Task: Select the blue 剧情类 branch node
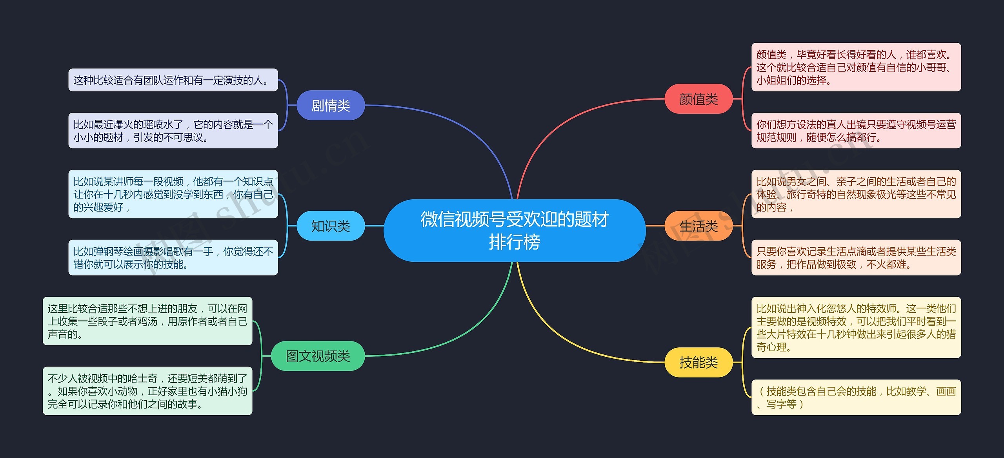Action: tap(331, 105)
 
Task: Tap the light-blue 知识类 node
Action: tap(331, 226)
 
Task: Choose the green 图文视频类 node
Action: tap(318, 356)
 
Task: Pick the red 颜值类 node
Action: tap(698, 99)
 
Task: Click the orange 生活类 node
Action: tap(698, 226)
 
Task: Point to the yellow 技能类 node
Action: tap(698, 362)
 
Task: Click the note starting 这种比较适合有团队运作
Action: tap(173, 80)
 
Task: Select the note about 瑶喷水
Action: tap(173, 130)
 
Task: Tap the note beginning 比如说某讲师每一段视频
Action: tap(173, 194)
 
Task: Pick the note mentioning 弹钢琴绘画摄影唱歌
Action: tap(173, 257)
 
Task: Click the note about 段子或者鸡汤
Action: tap(147, 321)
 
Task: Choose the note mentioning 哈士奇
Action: tap(147, 391)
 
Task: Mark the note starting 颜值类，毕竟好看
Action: tap(856, 67)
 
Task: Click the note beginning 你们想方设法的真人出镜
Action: tap(856, 130)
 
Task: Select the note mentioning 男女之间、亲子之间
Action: tap(856, 194)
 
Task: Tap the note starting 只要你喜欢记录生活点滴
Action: tap(856, 257)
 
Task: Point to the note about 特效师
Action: tap(856, 327)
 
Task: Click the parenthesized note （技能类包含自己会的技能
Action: tap(856, 397)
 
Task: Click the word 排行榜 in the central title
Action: tap(514, 242)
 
